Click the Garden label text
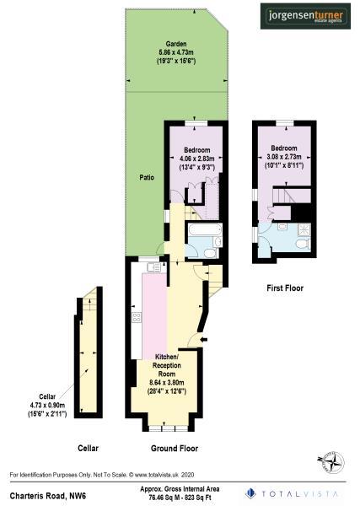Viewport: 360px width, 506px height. click(176, 43)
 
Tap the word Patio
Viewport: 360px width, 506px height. click(147, 178)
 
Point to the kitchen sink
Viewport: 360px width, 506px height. click(153, 267)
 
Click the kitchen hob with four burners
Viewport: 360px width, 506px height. click(136, 319)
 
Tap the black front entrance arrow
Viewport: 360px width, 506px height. click(192, 339)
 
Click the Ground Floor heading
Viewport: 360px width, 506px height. click(174, 449)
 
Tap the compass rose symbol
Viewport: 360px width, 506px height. click(330, 461)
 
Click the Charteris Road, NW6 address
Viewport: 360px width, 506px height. click(40, 490)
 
